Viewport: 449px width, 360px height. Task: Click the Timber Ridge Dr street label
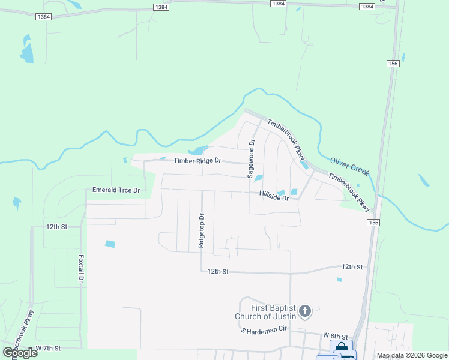point(197,161)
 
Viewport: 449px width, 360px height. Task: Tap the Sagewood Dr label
point(252,158)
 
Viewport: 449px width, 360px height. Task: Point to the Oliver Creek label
point(349,166)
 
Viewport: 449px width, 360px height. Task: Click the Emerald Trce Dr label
point(116,190)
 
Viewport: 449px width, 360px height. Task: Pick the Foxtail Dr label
point(81,268)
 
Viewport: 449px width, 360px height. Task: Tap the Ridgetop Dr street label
point(202,231)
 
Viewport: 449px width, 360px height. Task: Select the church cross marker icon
point(305,311)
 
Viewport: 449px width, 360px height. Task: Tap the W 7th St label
point(49,348)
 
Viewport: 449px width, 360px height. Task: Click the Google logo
point(20,353)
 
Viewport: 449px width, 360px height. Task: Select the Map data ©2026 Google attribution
point(412,355)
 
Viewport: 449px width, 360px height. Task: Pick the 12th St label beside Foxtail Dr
point(56,227)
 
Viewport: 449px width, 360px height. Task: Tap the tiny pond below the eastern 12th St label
point(339,280)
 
